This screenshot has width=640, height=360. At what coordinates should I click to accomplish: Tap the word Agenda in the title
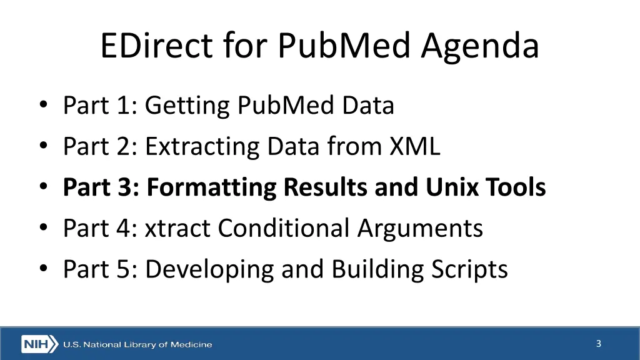click(480, 46)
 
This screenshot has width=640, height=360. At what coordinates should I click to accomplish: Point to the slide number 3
click(598, 343)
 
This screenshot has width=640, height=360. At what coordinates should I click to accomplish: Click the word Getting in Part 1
click(187, 106)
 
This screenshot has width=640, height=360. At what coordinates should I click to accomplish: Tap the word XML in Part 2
click(415, 147)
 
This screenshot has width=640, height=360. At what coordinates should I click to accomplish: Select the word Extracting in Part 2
click(202, 147)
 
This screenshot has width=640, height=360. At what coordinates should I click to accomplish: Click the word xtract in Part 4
click(177, 228)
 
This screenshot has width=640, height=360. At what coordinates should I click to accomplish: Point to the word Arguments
click(420, 228)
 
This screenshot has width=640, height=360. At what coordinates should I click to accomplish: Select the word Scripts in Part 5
click(469, 269)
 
